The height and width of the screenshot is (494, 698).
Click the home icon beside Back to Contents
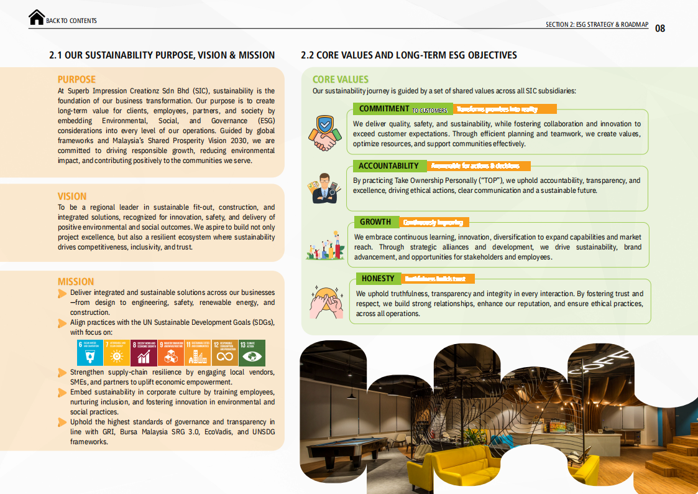(x=37, y=17)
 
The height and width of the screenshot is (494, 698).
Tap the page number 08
(x=660, y=28)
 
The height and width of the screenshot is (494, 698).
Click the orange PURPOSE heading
(x=76, y=80)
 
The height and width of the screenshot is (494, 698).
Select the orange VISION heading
(x=72, y=197)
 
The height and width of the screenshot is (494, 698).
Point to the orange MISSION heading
(x=76, y=282)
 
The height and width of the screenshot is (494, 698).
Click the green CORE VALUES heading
(x=340, y=80)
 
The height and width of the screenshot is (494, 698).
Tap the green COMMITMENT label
(x=384, y=109)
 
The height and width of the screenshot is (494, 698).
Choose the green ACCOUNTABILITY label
(x=389, y=166)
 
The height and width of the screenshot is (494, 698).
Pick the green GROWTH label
(x=375, y=222)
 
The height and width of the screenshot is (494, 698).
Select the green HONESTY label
(x=378, y=279)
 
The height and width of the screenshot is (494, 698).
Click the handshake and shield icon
(x=323, y=133)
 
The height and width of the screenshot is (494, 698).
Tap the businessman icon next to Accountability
(x=323, y=189)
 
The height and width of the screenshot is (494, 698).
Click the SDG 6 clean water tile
(x=90, y=353)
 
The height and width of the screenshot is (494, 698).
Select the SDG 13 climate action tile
(x=252, y=353)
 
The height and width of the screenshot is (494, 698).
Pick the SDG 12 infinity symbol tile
(x=224, y=353)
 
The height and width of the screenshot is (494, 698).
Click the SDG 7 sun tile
(x=117, y=353)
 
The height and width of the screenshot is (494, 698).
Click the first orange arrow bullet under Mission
(x=62, y=293)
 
